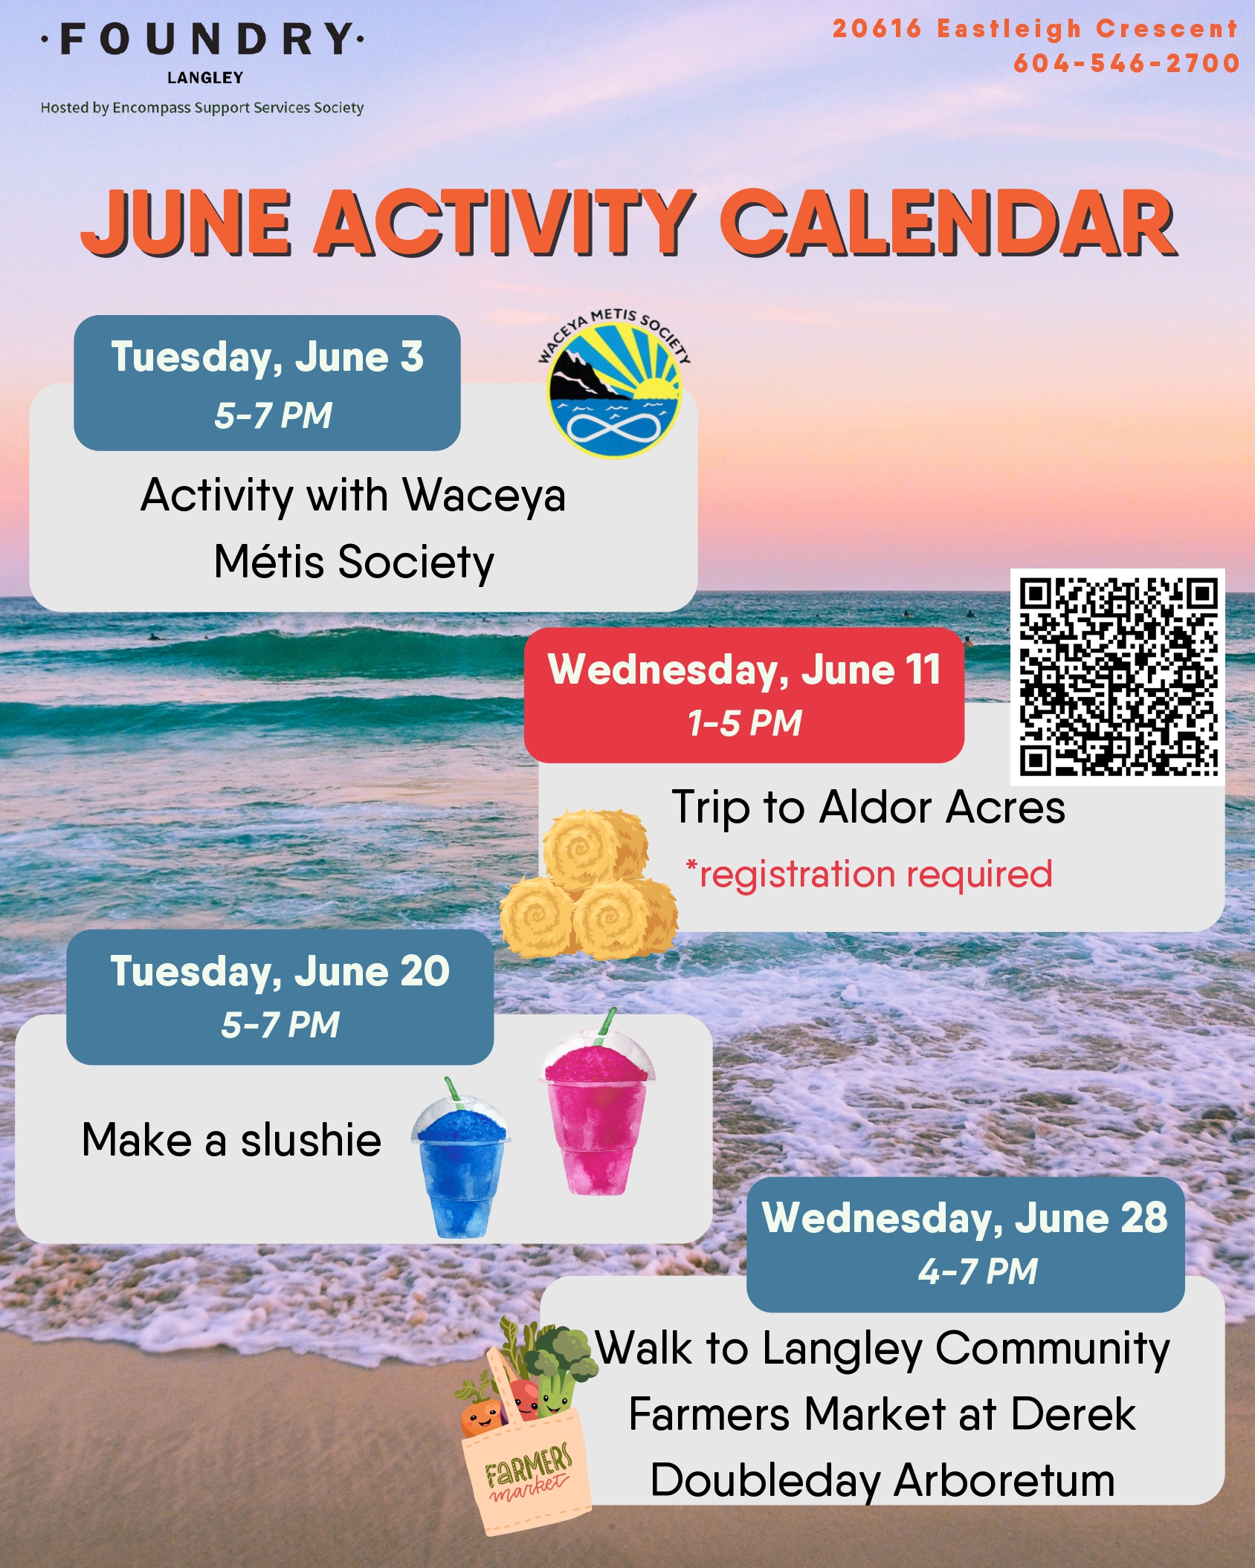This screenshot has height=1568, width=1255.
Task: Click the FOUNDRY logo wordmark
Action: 202,39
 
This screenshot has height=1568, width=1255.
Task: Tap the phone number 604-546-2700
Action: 1126,63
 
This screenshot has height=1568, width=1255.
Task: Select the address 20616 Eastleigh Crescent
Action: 1035,29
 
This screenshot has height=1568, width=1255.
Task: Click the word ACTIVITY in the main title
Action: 505,222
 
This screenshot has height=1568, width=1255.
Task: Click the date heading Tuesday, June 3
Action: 267,357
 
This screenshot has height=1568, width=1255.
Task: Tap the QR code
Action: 1117,677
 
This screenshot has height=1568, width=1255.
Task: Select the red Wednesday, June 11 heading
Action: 744,670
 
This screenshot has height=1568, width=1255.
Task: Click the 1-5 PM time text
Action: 744,723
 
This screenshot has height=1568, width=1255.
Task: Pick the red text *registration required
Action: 868,874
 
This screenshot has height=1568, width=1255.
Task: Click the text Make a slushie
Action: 231,1140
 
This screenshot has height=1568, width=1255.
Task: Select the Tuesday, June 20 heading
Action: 280,971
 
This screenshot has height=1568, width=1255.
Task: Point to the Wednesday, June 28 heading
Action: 965,1218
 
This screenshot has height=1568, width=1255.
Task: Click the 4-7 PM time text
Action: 977,1271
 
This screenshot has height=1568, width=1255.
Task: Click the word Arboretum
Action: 1004,1480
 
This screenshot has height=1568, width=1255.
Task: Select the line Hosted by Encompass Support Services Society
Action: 202,108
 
